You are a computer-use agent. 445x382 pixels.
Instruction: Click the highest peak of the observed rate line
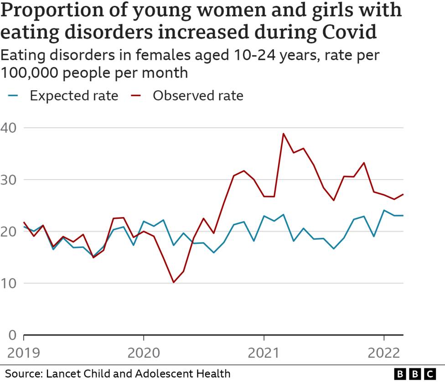coord(284,134)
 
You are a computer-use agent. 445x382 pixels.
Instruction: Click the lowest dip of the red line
coord(173,282)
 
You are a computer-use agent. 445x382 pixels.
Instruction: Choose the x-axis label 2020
coord(144,352)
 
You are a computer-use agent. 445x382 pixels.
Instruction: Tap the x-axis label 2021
coord(264,352)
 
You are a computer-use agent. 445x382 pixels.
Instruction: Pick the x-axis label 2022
coord(384,352)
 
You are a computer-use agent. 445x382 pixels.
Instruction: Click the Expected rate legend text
coord(74,96)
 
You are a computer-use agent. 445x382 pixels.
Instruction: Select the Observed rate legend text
coord(198,96)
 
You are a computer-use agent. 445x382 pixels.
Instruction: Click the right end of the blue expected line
coord(403,216)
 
